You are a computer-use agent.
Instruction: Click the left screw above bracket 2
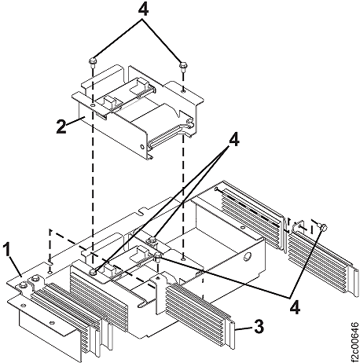point(93,60)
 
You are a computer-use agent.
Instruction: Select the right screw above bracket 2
point(182,65)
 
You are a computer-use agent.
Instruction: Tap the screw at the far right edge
point(324,227)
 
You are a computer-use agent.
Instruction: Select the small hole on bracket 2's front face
point(92,103)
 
